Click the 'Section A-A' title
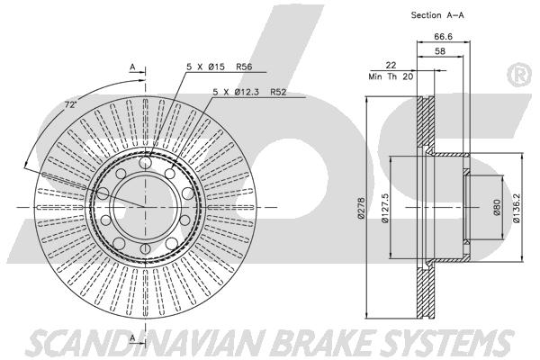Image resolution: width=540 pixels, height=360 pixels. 437,15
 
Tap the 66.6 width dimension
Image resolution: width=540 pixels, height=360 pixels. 443,36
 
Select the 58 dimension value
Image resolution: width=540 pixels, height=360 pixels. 440,51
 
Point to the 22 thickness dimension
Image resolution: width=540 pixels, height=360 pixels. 391,65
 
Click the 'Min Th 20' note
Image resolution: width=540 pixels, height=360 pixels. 391,76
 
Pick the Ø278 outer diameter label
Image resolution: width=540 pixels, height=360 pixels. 361,208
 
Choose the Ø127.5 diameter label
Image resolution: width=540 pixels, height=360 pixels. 384,208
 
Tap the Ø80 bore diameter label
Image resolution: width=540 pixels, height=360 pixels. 497,207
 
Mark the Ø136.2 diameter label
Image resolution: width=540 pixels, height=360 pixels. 516,208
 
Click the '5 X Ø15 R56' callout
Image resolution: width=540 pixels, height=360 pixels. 220,67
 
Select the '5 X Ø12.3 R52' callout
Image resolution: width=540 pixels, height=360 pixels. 249,92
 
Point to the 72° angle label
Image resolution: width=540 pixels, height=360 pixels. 70,104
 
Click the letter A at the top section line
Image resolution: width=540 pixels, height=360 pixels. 132,67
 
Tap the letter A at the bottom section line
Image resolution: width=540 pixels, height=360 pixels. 132,338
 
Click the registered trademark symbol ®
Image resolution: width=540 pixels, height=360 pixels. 520,75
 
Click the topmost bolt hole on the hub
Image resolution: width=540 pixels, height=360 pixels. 145,162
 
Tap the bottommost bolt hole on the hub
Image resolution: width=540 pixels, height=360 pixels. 145,248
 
